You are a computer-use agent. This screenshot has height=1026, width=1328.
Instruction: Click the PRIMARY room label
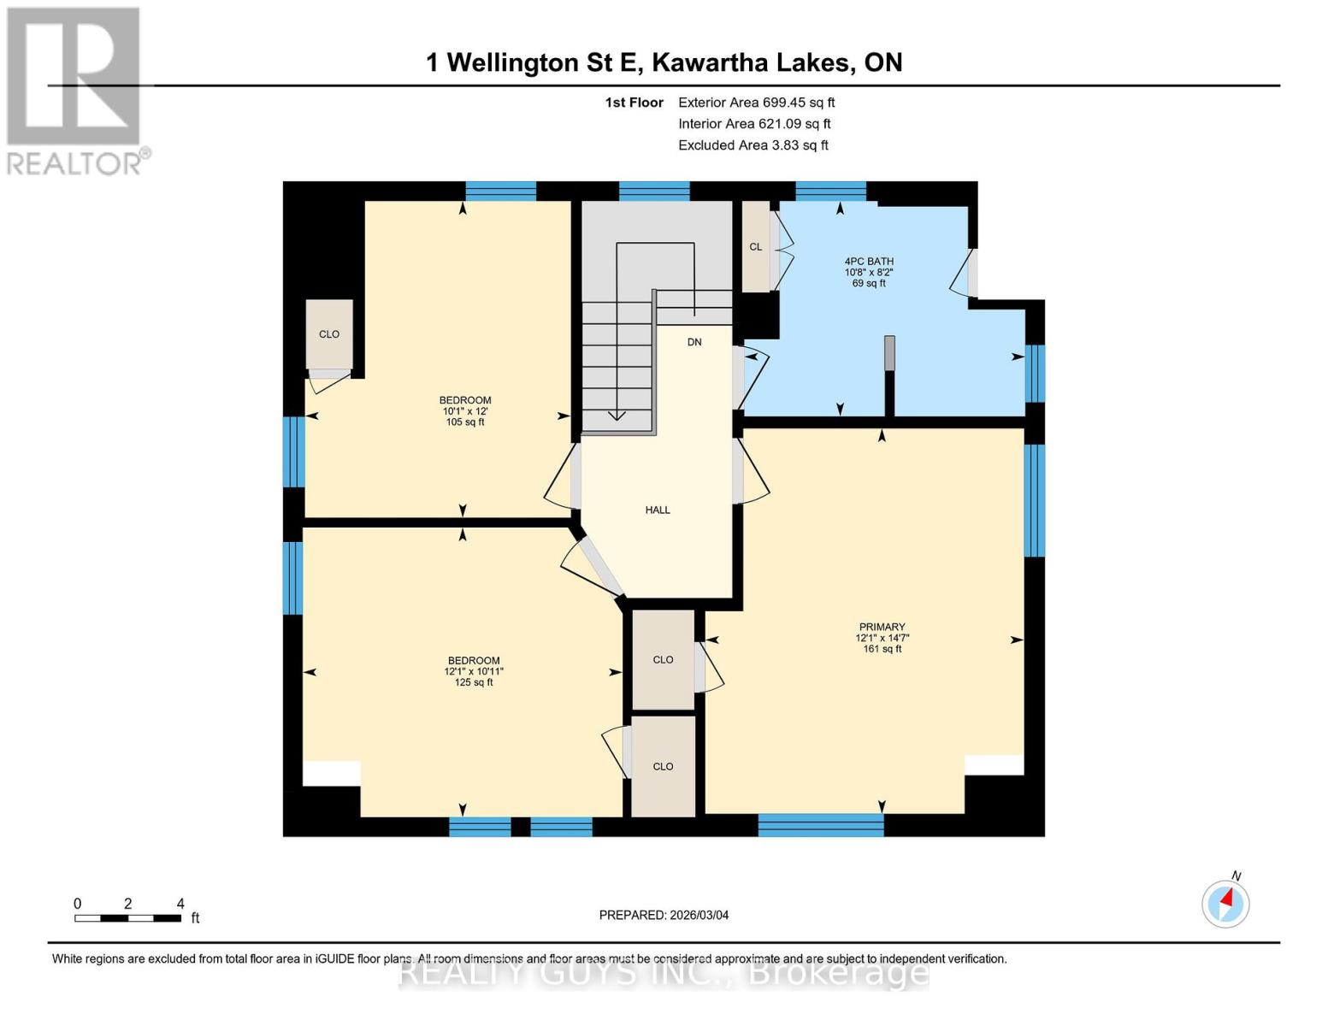882,627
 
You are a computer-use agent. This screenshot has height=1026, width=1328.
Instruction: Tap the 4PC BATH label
869,262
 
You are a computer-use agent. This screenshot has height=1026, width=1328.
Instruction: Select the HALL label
658,510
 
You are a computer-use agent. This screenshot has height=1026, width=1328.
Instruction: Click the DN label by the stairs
694,342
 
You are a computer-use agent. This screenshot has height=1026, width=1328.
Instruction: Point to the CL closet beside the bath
756,247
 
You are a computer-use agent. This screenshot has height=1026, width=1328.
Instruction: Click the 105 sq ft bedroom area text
465,422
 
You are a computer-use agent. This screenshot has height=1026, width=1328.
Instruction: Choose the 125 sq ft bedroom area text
474,682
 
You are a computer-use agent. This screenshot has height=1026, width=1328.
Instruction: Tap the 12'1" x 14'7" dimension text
882,638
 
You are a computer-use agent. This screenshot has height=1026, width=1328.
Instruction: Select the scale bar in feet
127,918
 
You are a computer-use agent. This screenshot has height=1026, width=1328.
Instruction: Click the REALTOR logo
75,90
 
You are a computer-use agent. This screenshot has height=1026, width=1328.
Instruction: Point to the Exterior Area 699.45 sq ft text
756,103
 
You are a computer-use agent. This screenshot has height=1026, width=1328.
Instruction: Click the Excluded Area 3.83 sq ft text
753,145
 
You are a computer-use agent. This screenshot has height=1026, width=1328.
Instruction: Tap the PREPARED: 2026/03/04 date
664,915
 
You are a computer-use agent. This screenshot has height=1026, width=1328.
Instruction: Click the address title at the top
664,62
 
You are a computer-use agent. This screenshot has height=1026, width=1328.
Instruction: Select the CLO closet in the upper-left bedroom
329,334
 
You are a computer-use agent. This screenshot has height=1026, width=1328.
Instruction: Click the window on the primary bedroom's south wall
820,824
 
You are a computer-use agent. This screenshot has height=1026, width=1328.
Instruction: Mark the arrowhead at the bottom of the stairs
617,416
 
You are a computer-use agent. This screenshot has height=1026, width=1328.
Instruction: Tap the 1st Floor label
634,103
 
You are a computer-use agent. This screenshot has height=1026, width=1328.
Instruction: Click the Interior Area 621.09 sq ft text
754,124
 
